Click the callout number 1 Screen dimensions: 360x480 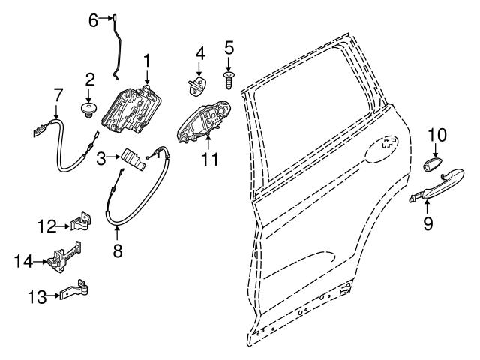(147, 58)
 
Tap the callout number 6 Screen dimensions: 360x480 (94, 21)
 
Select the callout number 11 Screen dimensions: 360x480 (210, 159)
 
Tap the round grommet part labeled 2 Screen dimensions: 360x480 (88, 111)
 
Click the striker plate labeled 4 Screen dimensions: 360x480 (199, 87)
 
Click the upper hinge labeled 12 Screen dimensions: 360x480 (80, 221)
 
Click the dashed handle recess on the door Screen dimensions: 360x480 (388, 144)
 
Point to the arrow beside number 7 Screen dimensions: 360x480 (58, 108)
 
